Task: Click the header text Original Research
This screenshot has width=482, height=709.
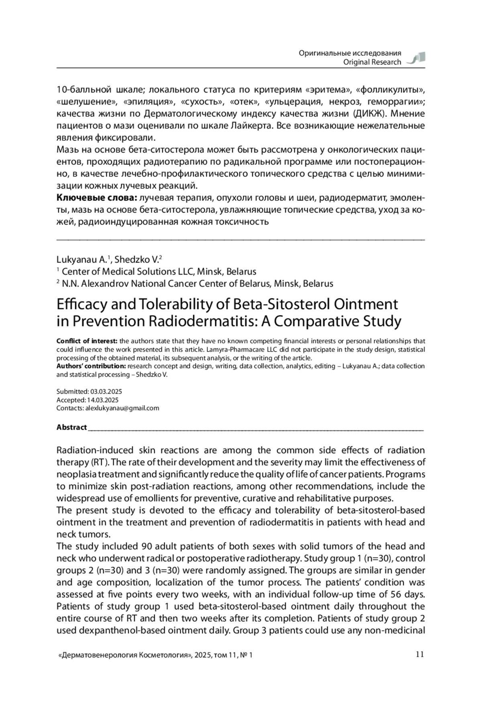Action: click(x=372, y=62)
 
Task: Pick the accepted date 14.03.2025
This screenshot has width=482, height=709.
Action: click(x=103, y=400)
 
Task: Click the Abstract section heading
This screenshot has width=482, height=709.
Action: click(x=71, y=427)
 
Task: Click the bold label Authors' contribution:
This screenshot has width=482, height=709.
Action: click(x=91, y=366)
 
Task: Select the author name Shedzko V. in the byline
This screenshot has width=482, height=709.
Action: click(x=136, y=259)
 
